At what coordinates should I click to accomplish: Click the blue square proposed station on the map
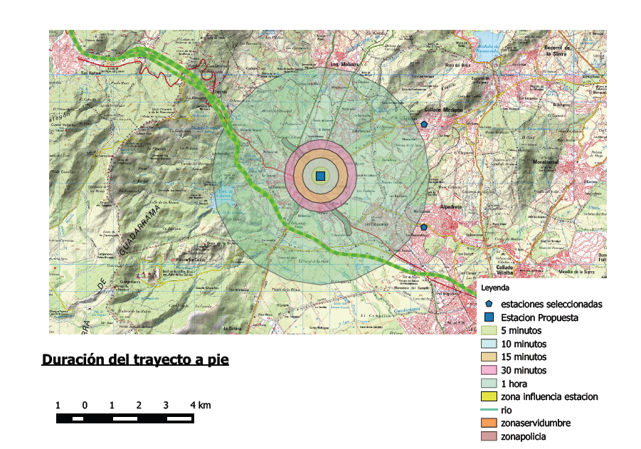point(320,176)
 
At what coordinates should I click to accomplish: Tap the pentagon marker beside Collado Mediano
point(424,125)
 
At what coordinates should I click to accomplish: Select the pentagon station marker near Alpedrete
point(424,227)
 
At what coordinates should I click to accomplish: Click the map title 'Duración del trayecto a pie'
point(135,359)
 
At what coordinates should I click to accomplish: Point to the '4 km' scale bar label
point(201,406)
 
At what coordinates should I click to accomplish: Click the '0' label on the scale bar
point(85,406)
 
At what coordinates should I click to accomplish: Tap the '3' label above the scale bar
point(166,406)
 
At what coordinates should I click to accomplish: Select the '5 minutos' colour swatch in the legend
point(489,331)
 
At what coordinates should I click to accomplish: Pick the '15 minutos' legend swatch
point(489,357)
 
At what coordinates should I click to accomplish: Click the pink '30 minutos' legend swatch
point(489,371)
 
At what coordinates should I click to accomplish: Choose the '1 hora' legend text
point(514,384)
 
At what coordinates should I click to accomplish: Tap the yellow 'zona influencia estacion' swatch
point(489,397)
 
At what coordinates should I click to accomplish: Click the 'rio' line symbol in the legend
point(489,410)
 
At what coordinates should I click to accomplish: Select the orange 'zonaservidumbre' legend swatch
point(489,423)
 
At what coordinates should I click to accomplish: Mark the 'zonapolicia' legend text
point(524,436)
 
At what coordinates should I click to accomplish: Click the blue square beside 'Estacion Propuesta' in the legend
point(489,317)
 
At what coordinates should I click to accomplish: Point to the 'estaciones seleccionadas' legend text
point(551,304)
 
